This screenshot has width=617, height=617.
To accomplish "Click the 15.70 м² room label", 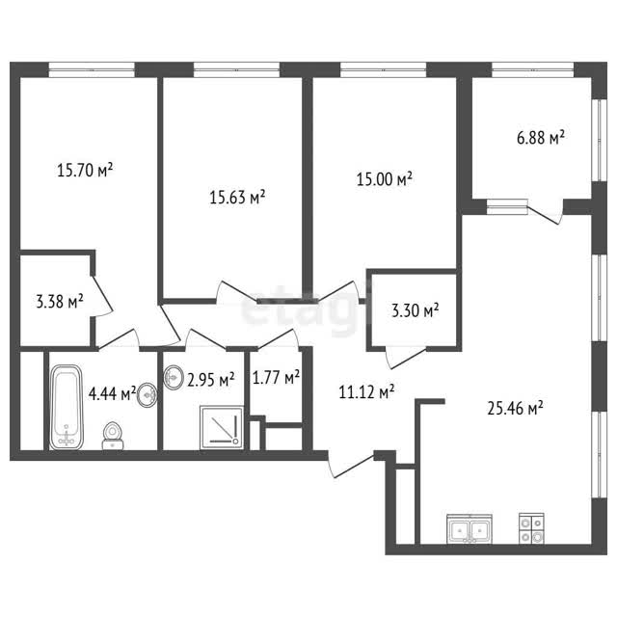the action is (85, 171).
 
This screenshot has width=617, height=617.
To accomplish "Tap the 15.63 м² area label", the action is (237, 197).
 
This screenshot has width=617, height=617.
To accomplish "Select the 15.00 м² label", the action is (384, 179).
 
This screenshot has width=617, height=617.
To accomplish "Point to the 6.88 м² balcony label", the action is (541, 138).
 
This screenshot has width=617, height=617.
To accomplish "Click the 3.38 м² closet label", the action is (60, 302).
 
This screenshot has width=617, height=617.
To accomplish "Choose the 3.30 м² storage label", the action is (416, 310).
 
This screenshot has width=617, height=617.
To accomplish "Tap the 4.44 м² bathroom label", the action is (112, 393).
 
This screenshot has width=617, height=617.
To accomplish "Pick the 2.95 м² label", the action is (211, 380).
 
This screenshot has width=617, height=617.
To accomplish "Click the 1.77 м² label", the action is (276, 378).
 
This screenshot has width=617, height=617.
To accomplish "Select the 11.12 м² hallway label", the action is (366, 392).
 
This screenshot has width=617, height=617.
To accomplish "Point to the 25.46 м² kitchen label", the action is (515, 408).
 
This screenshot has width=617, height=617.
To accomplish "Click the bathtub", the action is (67, 407).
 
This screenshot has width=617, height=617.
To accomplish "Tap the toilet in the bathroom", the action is (113, 436).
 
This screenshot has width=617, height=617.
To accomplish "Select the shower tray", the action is (222, 427).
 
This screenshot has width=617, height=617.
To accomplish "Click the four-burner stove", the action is (531, 528).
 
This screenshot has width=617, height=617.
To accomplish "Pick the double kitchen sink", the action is (469, 529).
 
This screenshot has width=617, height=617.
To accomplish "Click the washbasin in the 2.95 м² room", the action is (174, 378).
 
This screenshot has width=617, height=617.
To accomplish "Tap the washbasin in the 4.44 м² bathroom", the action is (148, 395).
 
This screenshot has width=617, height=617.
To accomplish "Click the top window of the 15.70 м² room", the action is (92, 70).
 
